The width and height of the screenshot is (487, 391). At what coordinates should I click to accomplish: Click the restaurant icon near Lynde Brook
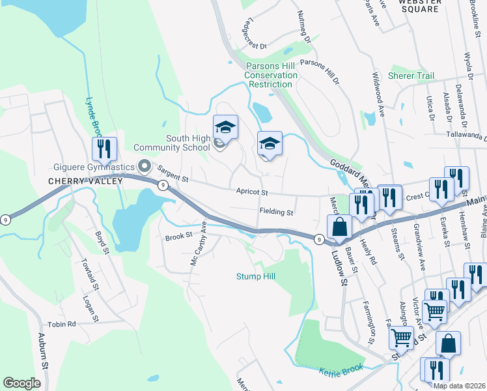tap(104, 150)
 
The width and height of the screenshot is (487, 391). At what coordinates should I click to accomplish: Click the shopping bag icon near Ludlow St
tap(339, 227)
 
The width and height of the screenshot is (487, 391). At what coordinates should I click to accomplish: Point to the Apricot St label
tap(252, 192)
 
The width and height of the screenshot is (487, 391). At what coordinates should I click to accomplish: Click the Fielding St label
tap(277, 212)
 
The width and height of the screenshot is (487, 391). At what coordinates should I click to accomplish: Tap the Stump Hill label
tap(255, 276)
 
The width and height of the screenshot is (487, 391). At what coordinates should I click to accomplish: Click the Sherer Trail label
tap(411, 76)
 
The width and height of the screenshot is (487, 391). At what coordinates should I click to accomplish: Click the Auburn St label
tap(43, 352)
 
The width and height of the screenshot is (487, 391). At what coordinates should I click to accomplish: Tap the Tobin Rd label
tap(62, 324)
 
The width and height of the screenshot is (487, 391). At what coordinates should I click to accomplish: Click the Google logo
tap(21, 383)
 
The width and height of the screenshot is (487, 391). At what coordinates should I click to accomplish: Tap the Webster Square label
tap(419, 5)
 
